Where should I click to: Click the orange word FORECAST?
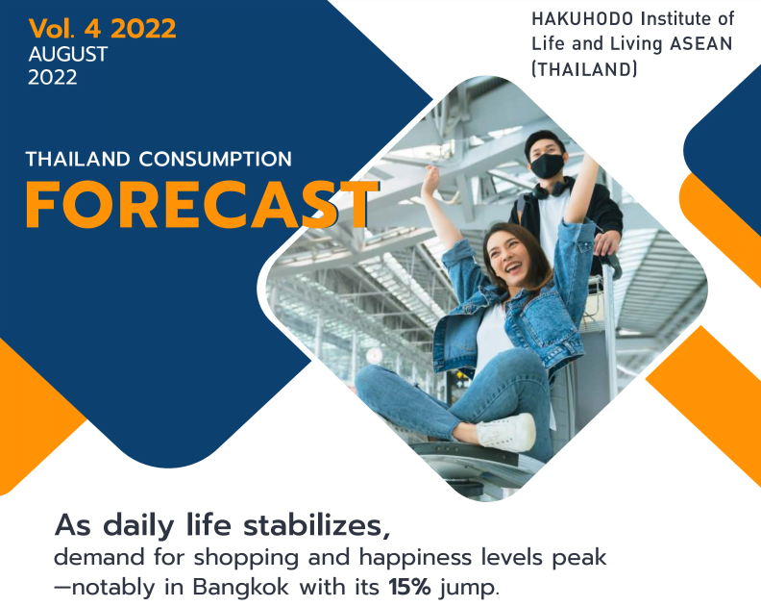coord(203,204)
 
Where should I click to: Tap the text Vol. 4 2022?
coord(103,28)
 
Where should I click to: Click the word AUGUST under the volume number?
coord(68,54)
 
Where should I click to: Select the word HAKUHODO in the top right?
coord(582,19)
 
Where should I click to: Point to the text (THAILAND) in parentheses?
coord(584,69)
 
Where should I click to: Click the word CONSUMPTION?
coord(215,159)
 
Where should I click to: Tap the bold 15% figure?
coord(409,587)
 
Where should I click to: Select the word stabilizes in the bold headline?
coord(316,525)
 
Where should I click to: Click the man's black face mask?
coord(547,165)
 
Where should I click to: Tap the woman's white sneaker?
coord(505,431)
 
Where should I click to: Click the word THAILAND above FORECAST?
coord(78,159)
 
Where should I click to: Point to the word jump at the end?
coord(469,588)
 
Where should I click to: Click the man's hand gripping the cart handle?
coord(606,244)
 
